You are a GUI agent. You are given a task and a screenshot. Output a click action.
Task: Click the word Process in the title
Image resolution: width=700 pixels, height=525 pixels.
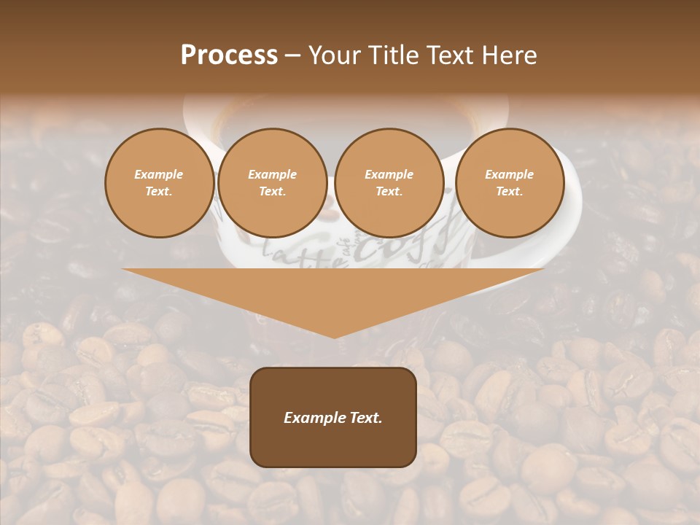pyautogui.click(x=229, y=55)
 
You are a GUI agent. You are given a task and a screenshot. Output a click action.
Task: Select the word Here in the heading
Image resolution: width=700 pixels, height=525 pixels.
pyautogui.click(x=509, y=55)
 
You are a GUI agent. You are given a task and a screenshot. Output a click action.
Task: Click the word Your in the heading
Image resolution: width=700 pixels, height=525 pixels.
pyautogui.click(x=332, y=55)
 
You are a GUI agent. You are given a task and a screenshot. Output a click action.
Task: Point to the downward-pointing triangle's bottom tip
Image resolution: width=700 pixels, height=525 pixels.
pyautogui.click(x=334, y=337)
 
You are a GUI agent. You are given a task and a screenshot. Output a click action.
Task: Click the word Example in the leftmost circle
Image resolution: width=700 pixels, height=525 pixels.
pyautogui.click(x=159, y=174)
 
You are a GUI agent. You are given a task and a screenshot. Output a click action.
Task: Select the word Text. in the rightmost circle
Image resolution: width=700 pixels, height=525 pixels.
pyautogui.click(x=509, y=191)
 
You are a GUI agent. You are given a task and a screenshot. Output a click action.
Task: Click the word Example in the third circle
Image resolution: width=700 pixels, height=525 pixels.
pyautogui.click(x=389, y=174)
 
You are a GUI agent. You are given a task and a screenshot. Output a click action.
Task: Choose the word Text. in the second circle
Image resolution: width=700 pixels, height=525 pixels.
pyautogui.click(x=272, y=191)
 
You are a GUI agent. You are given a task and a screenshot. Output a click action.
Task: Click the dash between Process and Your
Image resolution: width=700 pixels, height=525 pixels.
pyautogui.click(x=292, y=55)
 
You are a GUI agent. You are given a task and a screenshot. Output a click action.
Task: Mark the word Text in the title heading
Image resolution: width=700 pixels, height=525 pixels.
pyautogui.click(x=448, y=55)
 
